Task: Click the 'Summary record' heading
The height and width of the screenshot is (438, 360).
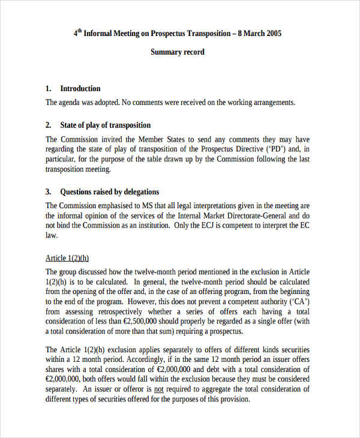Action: click(x=177, y=52)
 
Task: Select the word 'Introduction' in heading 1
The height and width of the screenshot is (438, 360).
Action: click(x=80, y=88)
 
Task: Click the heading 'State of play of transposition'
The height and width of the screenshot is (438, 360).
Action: click(x=106, y=125)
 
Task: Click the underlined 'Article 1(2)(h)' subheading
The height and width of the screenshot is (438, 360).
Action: click(x=67, y=258)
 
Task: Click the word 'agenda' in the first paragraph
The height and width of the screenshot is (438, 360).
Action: click(x=73, y=103)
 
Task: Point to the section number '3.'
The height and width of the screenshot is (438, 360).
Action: click(x=49, y=192)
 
